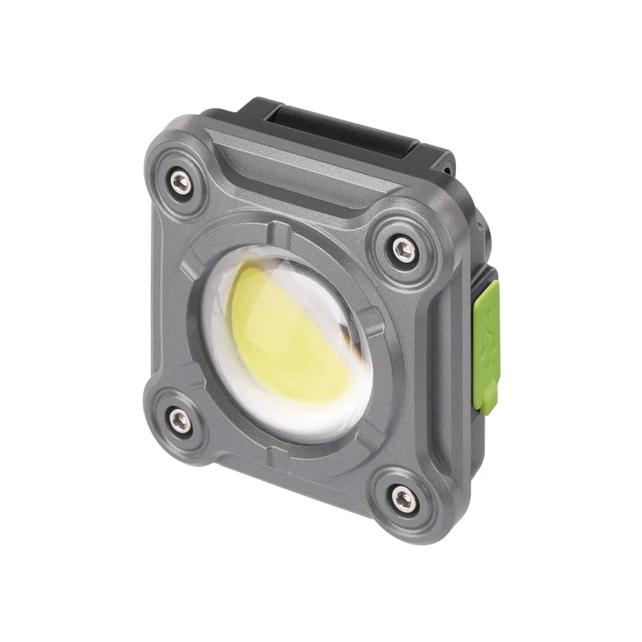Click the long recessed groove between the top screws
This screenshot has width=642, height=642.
[299, 186]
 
